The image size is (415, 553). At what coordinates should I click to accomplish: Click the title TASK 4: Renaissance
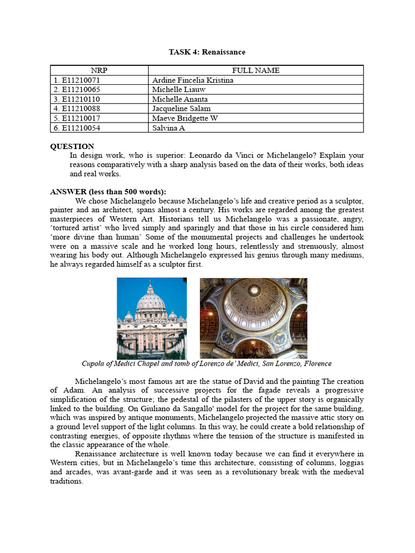point(207,52)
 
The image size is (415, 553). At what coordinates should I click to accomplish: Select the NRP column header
point(99,70)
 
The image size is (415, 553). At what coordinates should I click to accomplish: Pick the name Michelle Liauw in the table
point(179,90)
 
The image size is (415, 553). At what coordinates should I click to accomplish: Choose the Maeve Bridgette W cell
point(185,118)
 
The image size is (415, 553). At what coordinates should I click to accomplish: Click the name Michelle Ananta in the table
point(180,99)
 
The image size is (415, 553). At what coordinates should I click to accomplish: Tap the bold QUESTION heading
point(72,146)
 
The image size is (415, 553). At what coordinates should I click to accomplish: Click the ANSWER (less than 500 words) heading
point(108,192)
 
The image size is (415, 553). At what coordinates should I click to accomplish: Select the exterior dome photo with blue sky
point(152,318)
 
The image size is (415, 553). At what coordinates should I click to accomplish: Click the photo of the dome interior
point(253,318)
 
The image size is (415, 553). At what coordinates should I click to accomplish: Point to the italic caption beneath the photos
point(206,363)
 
